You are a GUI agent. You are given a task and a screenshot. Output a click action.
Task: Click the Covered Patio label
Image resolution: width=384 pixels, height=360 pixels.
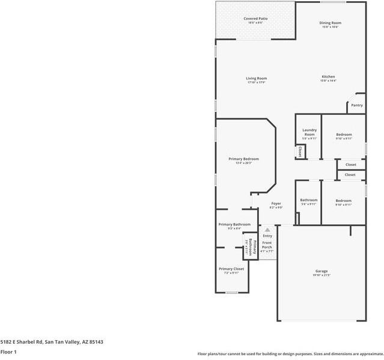point(255,19)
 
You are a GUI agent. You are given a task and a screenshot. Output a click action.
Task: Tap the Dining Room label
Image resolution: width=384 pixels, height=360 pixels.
point(330,23)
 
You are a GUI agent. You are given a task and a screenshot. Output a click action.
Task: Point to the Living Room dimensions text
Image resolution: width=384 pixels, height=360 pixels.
point(256,82)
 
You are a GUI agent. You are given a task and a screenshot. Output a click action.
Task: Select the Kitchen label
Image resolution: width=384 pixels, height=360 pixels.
point(328,77)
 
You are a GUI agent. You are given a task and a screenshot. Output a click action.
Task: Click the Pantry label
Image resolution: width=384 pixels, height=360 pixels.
point(357,105)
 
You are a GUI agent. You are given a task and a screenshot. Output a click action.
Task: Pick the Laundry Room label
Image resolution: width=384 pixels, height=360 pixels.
point(309,132)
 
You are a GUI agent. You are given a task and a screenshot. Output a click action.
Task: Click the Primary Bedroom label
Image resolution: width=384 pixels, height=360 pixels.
point(243,159)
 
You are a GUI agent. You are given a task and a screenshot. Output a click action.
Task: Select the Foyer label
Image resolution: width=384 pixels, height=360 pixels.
point(276,203)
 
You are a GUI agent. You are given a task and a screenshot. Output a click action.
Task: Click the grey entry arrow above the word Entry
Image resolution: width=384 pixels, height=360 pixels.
point(267,230)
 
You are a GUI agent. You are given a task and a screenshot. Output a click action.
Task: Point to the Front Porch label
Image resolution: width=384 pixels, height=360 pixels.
point(267,245)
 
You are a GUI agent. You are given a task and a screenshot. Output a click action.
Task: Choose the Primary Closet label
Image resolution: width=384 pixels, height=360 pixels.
point(231,269)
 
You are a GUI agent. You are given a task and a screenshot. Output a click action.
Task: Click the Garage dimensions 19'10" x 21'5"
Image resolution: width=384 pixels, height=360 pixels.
point(322,275)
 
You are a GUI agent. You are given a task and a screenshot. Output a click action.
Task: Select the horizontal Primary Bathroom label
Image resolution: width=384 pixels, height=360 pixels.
point(234,224)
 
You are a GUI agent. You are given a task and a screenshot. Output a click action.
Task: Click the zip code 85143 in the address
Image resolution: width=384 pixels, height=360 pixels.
point(95,342)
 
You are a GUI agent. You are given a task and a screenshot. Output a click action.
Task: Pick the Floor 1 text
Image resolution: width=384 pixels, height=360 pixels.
point(8,352)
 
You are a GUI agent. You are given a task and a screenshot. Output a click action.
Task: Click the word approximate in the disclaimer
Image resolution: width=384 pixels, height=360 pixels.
point(368,353)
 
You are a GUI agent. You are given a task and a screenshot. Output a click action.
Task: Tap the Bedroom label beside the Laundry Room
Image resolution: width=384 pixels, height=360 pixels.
point(344,134)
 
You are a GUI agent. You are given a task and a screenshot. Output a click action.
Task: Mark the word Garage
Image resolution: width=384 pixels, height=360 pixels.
point(322,271)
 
